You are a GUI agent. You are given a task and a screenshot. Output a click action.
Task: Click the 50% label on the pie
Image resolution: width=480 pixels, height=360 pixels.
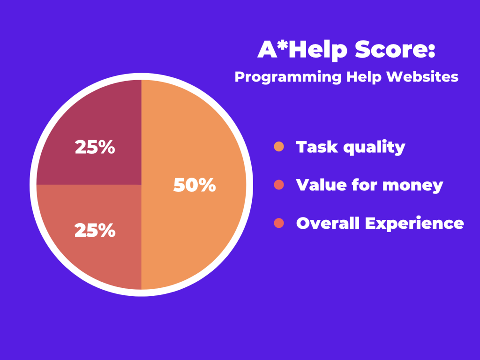(x=195, y=185)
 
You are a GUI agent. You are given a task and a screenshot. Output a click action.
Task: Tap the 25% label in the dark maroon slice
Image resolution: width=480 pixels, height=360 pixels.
(x=95, y=147)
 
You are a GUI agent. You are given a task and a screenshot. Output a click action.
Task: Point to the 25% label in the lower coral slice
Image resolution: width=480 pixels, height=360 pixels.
(x=95, y=230)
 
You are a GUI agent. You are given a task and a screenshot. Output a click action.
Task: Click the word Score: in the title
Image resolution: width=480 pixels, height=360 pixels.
(x=395, y=49)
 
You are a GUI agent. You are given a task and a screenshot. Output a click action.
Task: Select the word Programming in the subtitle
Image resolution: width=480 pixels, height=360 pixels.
(x=288, y=77)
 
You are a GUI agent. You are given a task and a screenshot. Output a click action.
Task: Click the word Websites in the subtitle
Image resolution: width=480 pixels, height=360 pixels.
(x=422, y=76)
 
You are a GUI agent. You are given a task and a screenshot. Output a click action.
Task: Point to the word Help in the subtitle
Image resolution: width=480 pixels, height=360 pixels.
(x=364, y=77)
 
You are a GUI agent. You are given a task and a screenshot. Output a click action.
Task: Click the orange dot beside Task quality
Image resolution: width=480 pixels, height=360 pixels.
(x=279, y=147)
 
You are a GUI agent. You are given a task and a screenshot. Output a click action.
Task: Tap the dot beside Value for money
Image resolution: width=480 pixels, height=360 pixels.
(x=279, y=185)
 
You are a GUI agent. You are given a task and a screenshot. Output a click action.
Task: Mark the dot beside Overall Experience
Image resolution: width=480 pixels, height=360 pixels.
(x=279, y=223)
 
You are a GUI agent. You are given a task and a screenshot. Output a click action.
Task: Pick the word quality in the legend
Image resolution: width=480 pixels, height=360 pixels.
(x=375, y=148)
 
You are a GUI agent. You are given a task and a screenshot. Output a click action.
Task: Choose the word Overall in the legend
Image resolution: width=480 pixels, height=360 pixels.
(x=328, y=223)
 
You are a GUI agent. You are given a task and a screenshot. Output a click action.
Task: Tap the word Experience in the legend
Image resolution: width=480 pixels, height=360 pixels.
(x=414, y=224)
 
